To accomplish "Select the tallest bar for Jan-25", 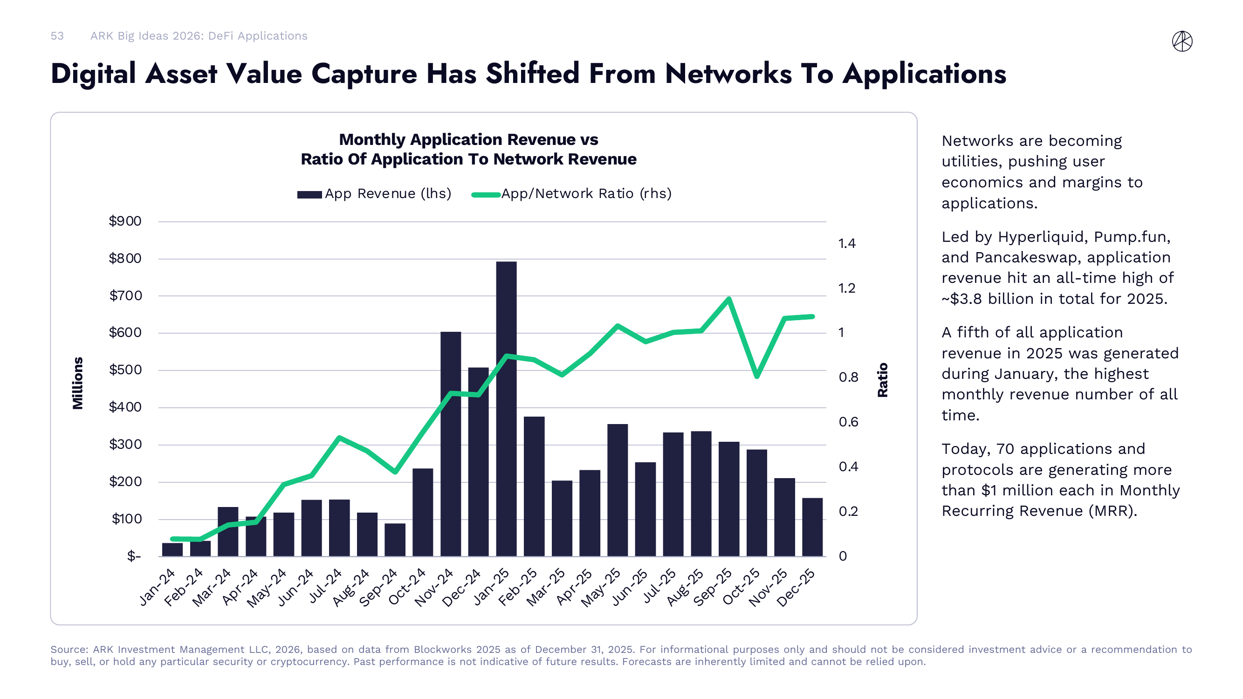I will point(506,410).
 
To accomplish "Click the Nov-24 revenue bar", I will point(451,444).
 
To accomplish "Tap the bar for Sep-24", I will point(395,540).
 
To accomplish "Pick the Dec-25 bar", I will point(812,527).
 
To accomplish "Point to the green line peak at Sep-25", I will point(729,299).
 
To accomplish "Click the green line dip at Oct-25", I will point(756,376).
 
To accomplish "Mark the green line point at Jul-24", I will point(339,438).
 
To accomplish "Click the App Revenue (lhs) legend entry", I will point(374,194).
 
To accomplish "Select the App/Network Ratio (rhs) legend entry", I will point(572,194).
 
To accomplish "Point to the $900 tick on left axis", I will point(125,221).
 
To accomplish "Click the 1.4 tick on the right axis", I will point(847,243).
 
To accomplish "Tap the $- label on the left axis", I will point(134,556).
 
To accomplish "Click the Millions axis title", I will point(78,383).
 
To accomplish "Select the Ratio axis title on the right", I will point(883,380).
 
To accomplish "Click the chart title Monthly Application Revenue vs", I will point(468,139).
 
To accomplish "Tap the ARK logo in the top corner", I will point(1182,41).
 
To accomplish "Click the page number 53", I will point(57,36).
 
